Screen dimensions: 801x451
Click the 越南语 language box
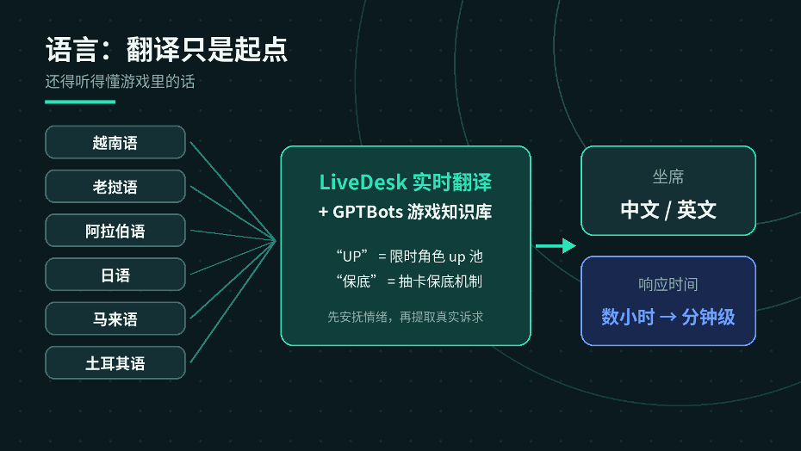115,142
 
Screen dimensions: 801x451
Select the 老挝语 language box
115,187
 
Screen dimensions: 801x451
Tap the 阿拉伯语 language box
115,231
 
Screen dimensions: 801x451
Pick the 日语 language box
115,275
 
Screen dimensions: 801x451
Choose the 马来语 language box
115,318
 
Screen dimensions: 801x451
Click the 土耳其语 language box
115,362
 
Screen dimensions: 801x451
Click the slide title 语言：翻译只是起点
166,50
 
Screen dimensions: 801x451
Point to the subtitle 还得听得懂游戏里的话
120,81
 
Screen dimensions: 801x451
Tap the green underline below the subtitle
80,102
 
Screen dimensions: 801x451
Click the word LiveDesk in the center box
363,182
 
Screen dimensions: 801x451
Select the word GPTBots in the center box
368,212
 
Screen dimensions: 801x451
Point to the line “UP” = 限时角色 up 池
409,256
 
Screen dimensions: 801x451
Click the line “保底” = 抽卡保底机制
409,281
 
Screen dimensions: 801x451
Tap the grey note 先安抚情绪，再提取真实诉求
406,317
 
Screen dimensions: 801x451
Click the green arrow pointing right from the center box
556,245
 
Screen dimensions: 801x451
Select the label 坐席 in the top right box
668,176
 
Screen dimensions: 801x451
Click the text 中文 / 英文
668,209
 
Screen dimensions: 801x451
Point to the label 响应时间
668,284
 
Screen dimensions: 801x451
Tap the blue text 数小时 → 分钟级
668,317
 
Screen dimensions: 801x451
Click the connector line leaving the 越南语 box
233,191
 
